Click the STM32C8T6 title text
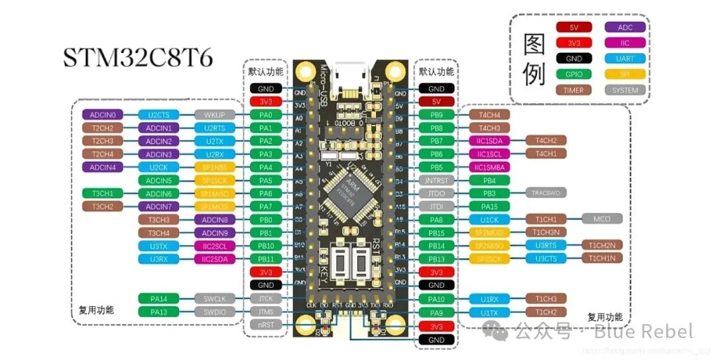pyautogui.click(x=138, y=57)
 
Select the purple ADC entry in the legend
pyautogui.click(x=625, y=27)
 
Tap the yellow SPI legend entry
pyautogui.click(x=625, y=74)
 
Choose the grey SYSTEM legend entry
pyautogui.click(x=625, y=90)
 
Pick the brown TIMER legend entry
pyautogui.click(x=573, y=90)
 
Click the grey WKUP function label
pyautogui.click(x=215, y=115)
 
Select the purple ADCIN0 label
pyautogui.click(x=103, y=115)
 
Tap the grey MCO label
pyautogui.click(x=602, y=219)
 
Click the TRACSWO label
pyautogui.click(x=546, y=193)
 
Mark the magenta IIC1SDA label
pyautogui.click(x=492, y=141)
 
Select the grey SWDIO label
pyautogui.click(x=215, y=312)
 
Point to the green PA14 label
pyautogui.click(x=158, y=298)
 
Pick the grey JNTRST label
pyautogui.click(x=436, y=180)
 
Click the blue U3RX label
pyautogui.click(x=158, y=259)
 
